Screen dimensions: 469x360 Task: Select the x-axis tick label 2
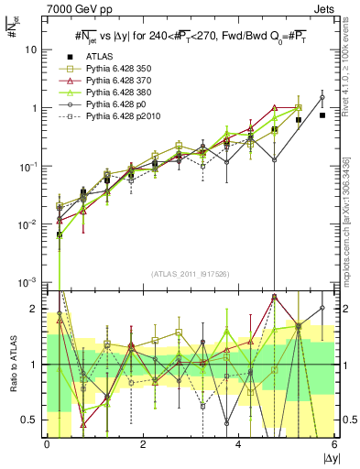tap(142, 445)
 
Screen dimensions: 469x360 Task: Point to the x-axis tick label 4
tap(238, 445)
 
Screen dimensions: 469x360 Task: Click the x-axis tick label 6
tap(334, 445)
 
